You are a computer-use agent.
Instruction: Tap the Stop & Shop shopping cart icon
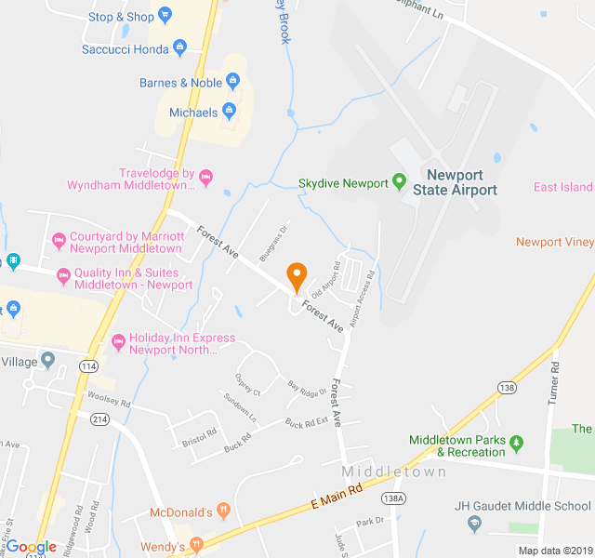165,16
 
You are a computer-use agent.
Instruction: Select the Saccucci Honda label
126,48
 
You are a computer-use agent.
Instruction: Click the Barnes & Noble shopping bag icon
234,83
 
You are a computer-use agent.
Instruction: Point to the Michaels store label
193,113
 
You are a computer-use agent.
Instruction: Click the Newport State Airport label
461,182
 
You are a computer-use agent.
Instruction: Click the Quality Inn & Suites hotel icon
63,276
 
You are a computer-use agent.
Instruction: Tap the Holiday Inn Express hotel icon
118,342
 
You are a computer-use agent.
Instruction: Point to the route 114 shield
88,366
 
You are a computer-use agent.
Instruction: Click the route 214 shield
99,419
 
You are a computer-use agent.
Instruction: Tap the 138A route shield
394,498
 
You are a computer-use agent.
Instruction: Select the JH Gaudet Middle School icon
474,525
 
